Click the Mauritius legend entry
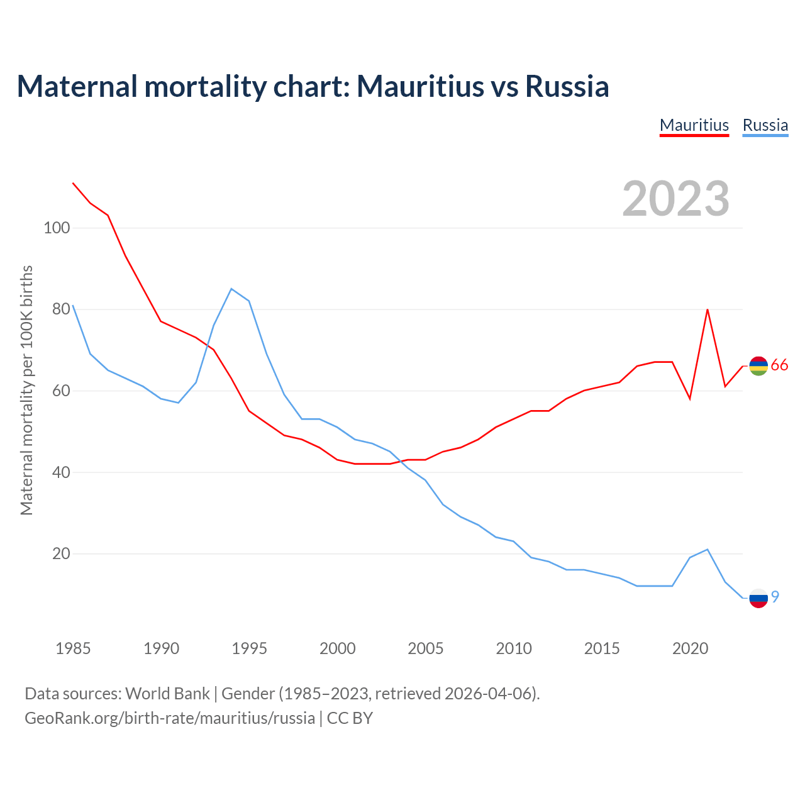point(694,125)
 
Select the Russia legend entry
point(765,125)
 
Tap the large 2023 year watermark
point(675,199)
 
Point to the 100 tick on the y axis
point(57,228)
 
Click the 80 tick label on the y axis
point(60,309)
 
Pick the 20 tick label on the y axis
point(60,554)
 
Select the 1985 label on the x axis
point(73,648)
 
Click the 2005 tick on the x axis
point(426,648)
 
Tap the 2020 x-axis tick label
point(691,648)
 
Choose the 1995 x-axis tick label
point(249,648)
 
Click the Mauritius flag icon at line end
point(758,365)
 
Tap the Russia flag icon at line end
point(758,598)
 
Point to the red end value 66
point(779,365)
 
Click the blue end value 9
point(775,596)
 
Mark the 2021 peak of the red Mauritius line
point(708,309)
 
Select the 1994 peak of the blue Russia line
point(231,289)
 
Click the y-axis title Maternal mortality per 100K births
point(26,390)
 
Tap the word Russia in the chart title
point(567,87)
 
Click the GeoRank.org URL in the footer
point(170,718)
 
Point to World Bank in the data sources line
point(167,694)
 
